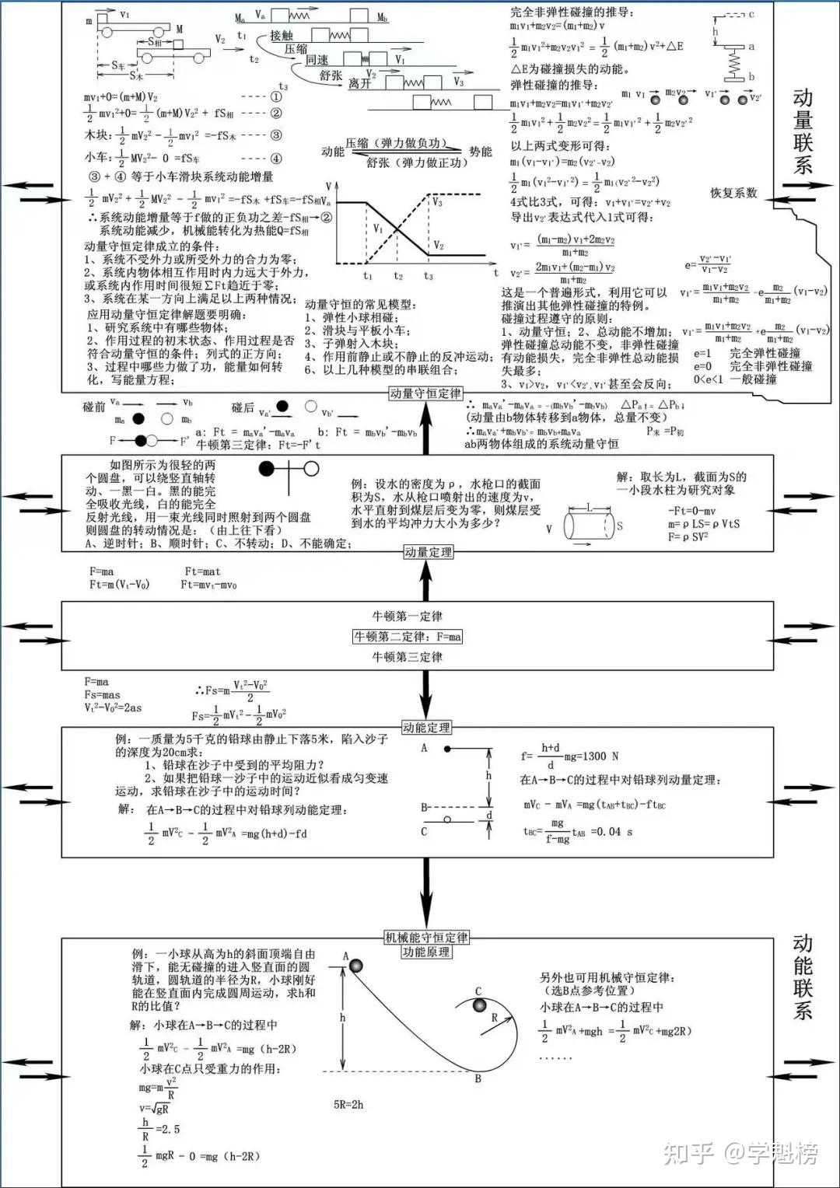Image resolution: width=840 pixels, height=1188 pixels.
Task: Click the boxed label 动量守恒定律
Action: click(425, 393)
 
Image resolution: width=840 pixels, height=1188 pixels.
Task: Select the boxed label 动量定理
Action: click(428, 552)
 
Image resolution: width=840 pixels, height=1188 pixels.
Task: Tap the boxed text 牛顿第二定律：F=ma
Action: click(408, 637)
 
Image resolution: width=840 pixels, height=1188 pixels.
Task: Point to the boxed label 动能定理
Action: click(426, 728)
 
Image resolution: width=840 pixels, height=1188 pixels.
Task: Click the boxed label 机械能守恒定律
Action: click(426, 938)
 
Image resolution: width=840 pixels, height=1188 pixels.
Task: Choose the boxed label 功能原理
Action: click(426, 952)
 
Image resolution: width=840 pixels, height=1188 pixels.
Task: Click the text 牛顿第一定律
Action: click(408, 617)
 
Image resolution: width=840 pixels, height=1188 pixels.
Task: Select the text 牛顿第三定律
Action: click(408, 657)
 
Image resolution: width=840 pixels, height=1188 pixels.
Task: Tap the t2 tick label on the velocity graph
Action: click(397, 276)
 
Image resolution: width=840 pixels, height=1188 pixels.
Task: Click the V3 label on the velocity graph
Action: click(437, 202)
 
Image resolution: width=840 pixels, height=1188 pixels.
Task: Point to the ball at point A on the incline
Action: click(356, 966)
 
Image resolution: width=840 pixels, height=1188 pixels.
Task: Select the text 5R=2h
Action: click(348, 1104)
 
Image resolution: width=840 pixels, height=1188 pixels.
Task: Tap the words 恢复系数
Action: click(733, 193)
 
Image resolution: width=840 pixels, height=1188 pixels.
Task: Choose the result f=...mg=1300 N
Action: click(569, 756)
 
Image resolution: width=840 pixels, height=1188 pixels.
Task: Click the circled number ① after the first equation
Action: click(275, 97)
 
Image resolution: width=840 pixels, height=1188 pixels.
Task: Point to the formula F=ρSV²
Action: click(688, 536)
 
